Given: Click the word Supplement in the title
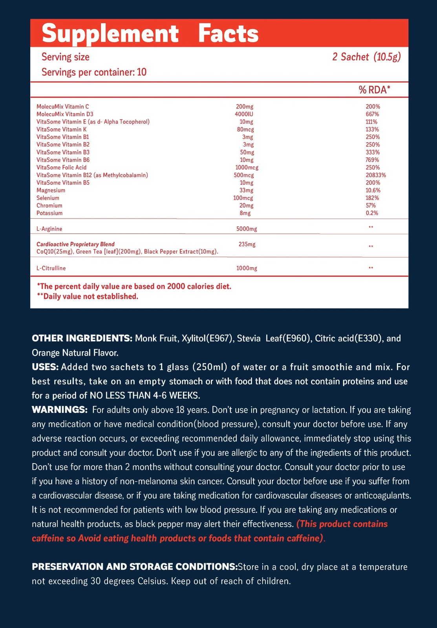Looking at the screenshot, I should (110, 34).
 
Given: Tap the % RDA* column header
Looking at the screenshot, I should (374, 90).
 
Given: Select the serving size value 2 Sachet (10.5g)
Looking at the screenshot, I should (366, 57).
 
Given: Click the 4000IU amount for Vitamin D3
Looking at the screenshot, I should (244, 114).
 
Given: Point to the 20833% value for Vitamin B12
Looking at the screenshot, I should (376, 175).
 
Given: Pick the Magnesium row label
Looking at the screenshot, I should (51, 190).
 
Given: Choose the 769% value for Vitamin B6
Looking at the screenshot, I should (372, 160).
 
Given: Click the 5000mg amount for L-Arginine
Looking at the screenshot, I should (247, 229).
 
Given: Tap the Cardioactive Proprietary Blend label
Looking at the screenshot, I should (75, 244).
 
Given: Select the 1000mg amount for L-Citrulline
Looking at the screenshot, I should (247, 268).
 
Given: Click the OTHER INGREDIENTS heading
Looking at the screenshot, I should (82, 338).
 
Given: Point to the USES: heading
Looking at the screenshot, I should (45, 367).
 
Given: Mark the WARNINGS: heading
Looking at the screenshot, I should (60, 410).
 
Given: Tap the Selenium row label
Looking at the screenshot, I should (48, 198).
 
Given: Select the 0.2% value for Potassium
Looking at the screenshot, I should (372, 213).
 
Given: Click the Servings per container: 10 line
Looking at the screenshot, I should (94, 72).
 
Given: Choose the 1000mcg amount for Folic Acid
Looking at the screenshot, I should (247, 168).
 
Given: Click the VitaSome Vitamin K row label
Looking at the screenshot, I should (62, 130).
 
